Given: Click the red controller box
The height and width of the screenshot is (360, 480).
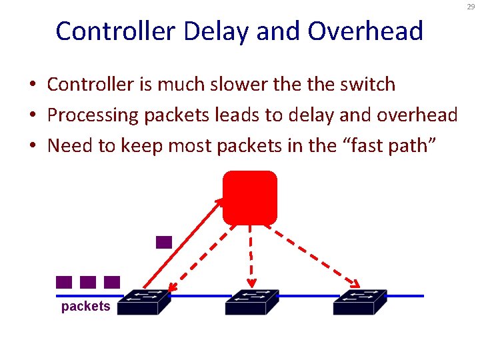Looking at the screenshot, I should point(249,197).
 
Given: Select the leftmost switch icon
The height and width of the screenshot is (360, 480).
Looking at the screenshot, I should point(149,302).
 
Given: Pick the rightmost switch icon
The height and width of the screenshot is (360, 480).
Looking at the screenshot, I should point(360,302).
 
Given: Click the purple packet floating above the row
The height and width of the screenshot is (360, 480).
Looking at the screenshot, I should point(164,242).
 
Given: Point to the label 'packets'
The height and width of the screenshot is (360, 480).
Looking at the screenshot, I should point(85,307).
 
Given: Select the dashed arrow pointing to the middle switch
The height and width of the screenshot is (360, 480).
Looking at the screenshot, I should point(251,257).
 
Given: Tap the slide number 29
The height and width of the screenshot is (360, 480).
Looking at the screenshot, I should point(471,7).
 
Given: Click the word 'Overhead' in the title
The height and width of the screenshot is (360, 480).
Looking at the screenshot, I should point(374,31).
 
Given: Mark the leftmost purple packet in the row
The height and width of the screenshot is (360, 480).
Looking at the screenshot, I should point(64,282).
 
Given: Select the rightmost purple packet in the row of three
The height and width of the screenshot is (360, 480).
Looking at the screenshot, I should point(112,282).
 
